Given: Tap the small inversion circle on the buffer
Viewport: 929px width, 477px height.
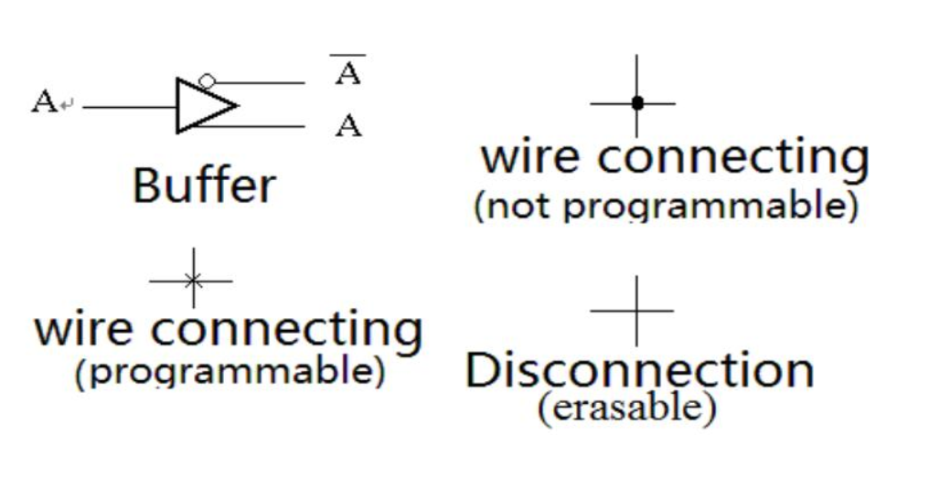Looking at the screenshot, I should point(208,81).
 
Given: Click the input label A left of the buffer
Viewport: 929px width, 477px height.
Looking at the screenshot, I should point(43,102).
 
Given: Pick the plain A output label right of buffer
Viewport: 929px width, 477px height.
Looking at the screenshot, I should point(347,125).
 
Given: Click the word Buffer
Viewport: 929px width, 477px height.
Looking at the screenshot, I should point(203,185).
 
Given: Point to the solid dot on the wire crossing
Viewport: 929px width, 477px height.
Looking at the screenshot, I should point(637,103).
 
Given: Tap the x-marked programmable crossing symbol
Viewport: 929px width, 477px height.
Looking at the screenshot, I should point(192,280).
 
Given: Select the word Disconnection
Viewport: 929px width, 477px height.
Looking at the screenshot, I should point(639,370).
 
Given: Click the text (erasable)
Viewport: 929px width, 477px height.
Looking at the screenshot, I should point(626,408).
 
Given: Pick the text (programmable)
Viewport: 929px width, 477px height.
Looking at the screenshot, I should point(229,373).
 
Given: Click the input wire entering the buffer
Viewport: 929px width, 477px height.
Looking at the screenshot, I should point(128,106).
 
